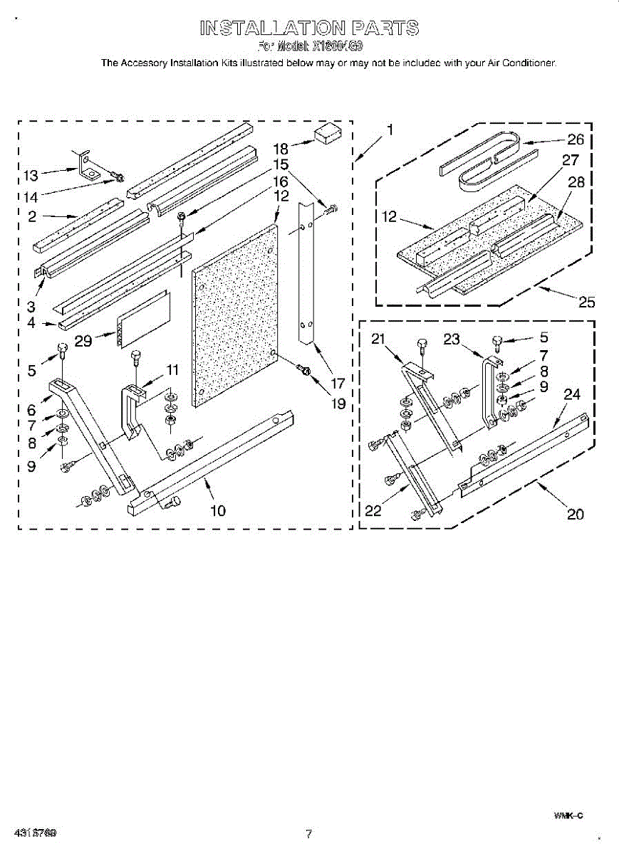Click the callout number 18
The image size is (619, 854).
(281, 149)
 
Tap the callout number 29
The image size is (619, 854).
(84, 342)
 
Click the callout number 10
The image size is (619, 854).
(217, 510)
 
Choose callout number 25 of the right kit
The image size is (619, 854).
(586, 302)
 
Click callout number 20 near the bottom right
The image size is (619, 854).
(576, 514)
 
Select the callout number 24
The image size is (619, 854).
(572, 394)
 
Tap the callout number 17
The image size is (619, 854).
(337, 383)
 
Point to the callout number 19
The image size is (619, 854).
(337, 404)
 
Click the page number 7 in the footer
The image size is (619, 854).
(308, 834)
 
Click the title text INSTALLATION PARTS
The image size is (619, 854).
(309, 28)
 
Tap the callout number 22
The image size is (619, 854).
(373, 510)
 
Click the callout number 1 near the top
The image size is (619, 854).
(390, 130)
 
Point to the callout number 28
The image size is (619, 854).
(576, 181)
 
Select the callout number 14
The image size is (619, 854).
(31, 196)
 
